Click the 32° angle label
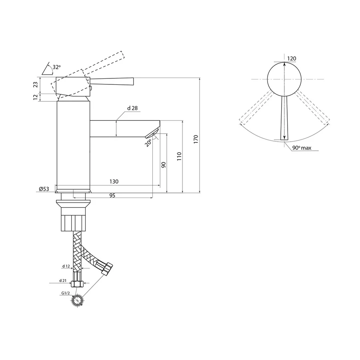[x=56, y=67]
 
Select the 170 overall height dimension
[x=196, y=139]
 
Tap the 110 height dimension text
[x=179, y=156]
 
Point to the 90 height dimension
[x=164, y=165]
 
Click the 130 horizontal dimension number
[x=114, y=182]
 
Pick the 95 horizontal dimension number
[x=112, y=196]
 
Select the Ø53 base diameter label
[x=44, y=189]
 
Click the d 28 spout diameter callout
[x=132, y=108]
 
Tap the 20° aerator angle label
[x=148, y=143]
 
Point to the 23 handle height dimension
[x=36, y=85]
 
